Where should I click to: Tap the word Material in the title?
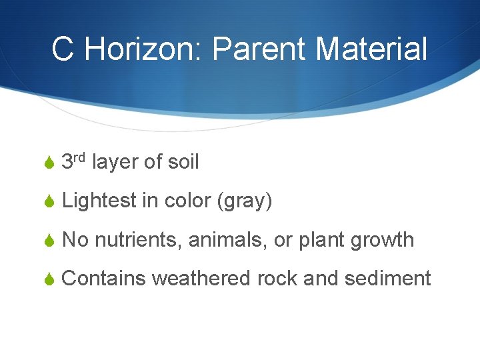pos(371,49)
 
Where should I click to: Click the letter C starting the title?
pos(63,49)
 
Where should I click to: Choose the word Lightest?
pos(99,201)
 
